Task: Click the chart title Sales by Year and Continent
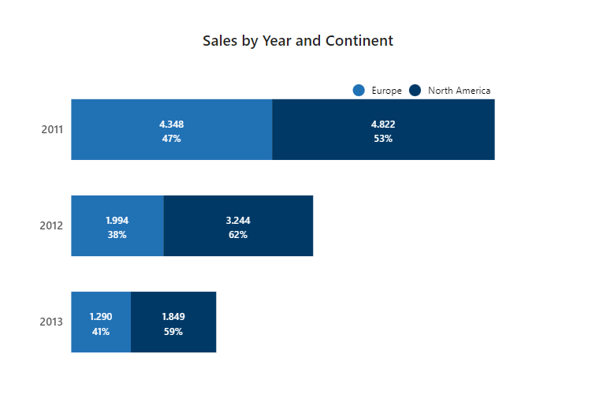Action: tap(297, 41)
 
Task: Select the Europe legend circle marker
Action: tap(359, 91)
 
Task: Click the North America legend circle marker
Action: tap(415, 91)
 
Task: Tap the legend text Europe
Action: tap(386, 91)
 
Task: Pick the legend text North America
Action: tap(459, 91)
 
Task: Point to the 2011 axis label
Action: tap(52, 129)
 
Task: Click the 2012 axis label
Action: tap(52, 225)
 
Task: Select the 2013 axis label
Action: tap(52, 322)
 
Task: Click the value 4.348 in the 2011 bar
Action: tap(172, 124)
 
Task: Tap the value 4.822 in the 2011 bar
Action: tap(383, 124)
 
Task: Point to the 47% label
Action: tap(172, 138)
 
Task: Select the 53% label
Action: tap(383, 138)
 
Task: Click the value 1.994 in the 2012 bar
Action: tap(117, 220)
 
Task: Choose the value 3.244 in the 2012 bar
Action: tap(238, 220)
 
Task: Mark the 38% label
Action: tap(117, 234)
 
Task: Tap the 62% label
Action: tap(238, 234)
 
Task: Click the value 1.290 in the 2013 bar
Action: tap(101, 316)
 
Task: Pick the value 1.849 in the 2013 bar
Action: tap(173, 316)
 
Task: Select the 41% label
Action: tap(101, 331)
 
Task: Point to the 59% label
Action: tap(173, 331)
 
